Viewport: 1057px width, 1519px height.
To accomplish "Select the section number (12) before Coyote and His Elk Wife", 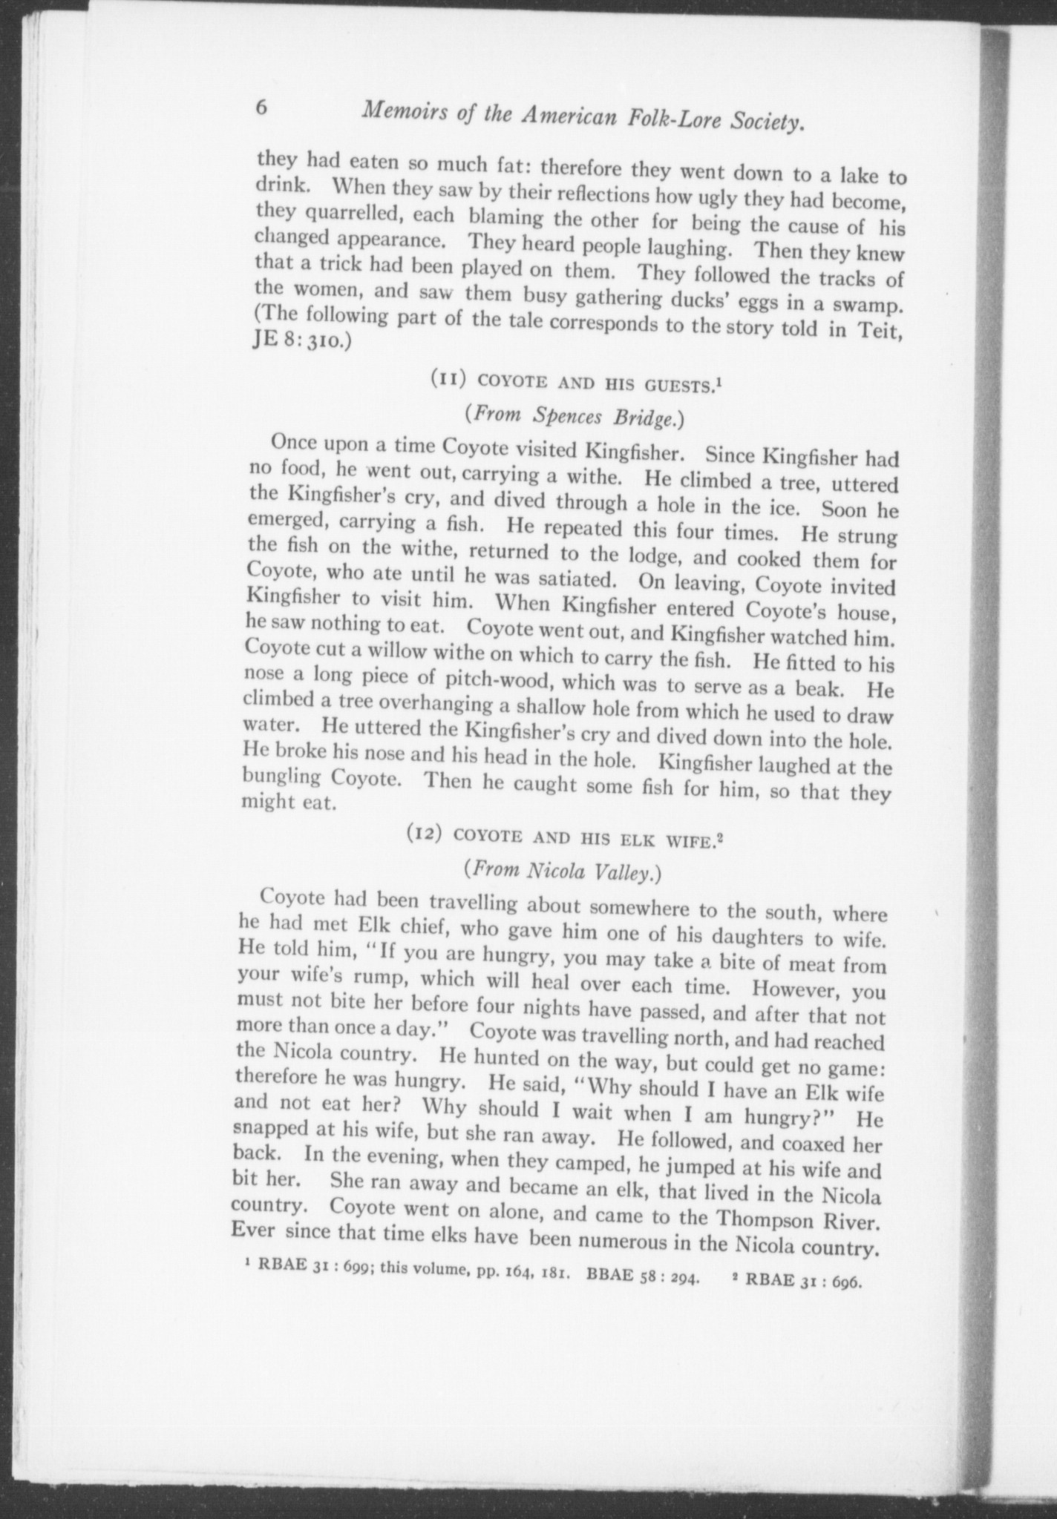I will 425,834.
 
